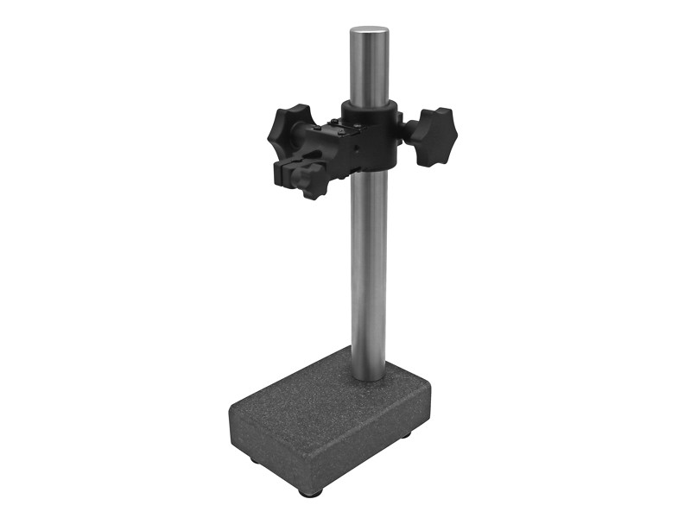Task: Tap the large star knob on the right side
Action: [433, 135]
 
